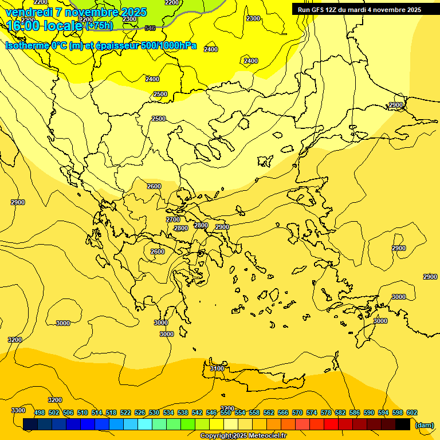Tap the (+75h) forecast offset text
[100, 25]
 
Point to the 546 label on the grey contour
[150, 28]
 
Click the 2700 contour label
[173, 219]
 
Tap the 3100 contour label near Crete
[217, 368]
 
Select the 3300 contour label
[18, 410]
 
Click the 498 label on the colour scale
[40, 412]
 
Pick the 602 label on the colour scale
[412, 412]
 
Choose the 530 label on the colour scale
[154, 412]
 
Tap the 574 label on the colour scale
[312, 412]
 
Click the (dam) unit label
[424, 425]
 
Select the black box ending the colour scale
[403, 425]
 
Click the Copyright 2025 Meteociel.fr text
[243, 436]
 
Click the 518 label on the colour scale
[111, 412]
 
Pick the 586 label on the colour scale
[355, 412]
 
